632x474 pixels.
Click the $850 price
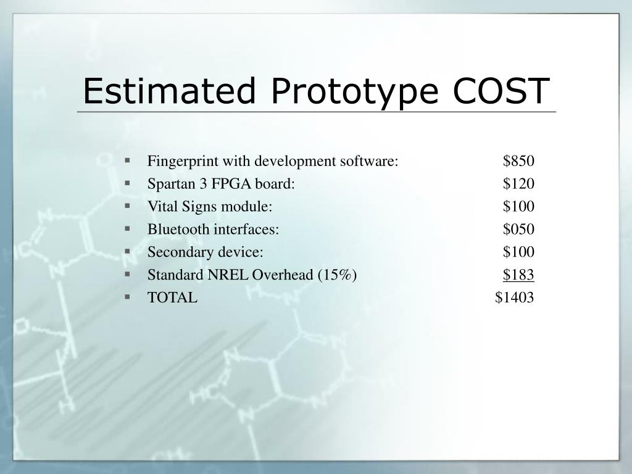[518, 161]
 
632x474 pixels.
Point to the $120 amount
[518, 184]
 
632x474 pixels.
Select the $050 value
[518, 230]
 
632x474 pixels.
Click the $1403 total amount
[514, 298]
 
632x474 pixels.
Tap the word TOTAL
[172, 298]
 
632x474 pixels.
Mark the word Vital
[160, 207]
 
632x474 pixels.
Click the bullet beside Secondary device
[127, 251]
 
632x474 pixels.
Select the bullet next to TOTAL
[127, 297]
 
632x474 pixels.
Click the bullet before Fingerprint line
[127, 160]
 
